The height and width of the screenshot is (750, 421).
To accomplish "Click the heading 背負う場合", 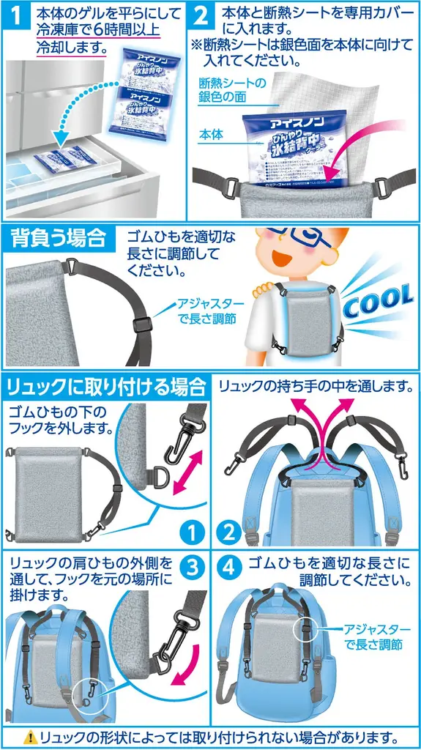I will coord(55,239).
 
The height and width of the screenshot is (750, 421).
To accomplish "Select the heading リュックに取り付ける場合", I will coord(105,385).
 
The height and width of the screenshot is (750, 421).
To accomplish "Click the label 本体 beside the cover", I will coord(212,135).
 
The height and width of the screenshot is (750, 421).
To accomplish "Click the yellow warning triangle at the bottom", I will coord(31,737).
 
